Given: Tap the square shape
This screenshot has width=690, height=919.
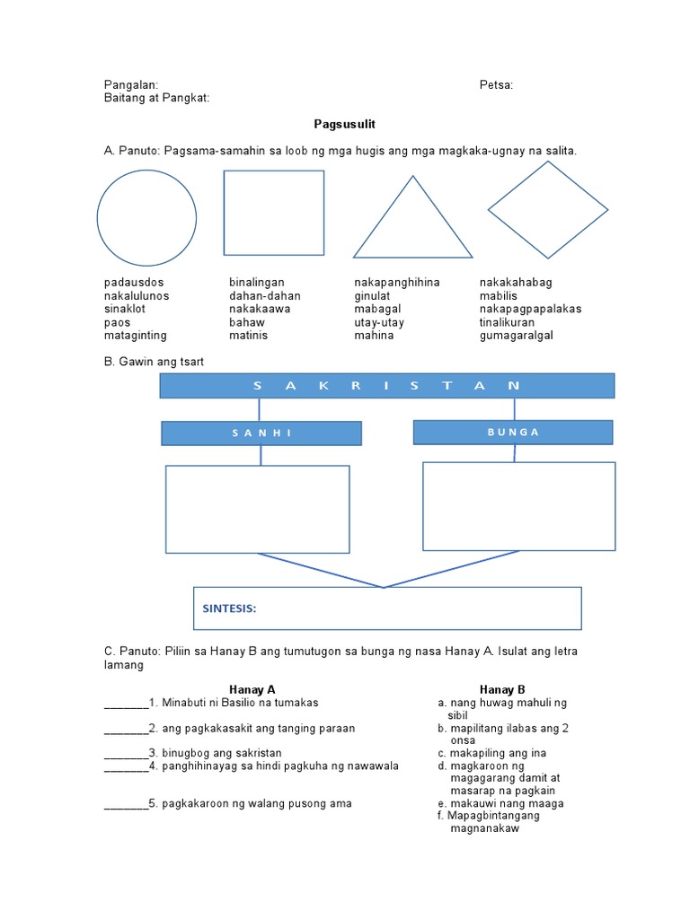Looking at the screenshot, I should (273, 213).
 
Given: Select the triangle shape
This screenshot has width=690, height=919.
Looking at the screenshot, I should (412, 224).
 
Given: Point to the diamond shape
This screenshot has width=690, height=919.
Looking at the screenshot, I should (548, 211).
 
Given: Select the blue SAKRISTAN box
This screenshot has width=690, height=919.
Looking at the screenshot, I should (387, 386).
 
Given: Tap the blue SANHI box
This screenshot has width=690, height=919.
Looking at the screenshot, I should (261, 433).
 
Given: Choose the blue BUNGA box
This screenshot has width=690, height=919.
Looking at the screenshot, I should (513, 432).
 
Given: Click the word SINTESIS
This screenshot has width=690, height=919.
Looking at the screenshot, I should (229, 608).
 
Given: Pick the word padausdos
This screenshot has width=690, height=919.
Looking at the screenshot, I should (134, 283).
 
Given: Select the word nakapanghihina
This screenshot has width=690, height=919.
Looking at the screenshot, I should (397, 283).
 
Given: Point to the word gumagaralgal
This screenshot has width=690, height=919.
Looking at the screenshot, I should (517, 336).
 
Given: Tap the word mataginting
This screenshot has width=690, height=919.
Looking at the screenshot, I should (136, 336).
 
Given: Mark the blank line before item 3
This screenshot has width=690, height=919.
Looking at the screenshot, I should (126, 753).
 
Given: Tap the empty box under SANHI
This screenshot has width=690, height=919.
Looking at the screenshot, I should (258, 509).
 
